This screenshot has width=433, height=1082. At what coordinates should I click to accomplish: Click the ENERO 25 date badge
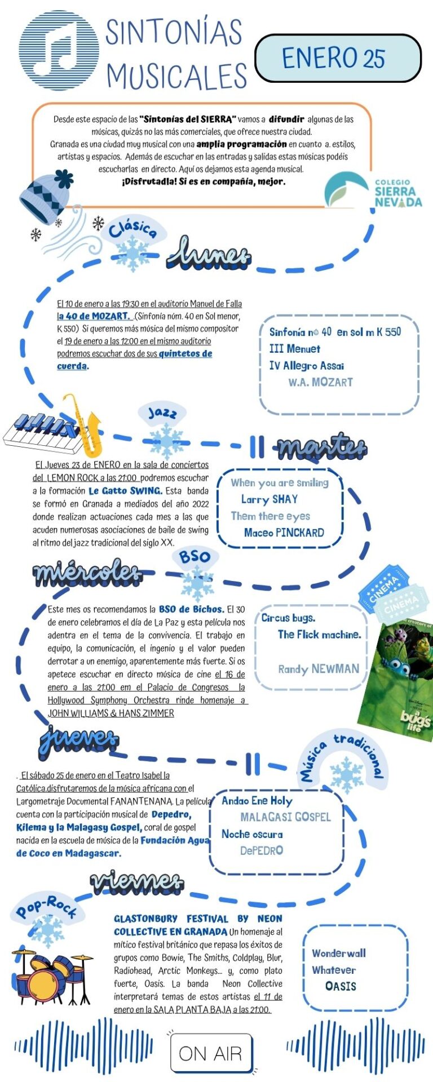point(338,58)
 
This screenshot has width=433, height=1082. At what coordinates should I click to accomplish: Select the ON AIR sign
point(210,1052)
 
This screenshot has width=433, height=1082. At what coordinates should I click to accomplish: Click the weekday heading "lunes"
point(209,254)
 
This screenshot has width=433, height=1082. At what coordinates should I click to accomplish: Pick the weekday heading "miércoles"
point(87,573)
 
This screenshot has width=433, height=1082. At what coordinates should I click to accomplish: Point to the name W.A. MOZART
point(320,382)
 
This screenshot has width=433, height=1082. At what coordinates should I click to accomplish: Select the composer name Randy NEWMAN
point(318,669)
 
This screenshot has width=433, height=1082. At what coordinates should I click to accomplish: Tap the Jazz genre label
point(162,413)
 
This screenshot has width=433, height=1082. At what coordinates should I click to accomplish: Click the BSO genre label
point(194,557)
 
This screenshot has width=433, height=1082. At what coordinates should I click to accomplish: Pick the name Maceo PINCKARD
point(284,533)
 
